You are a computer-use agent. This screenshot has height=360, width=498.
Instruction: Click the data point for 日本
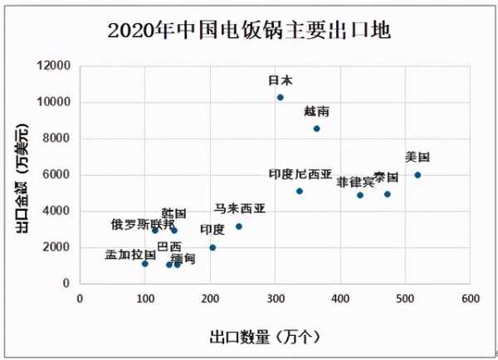coord(281,97)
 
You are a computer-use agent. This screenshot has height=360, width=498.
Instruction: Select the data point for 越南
coord(316,129)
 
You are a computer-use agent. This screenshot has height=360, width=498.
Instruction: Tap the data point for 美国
coord(417,175)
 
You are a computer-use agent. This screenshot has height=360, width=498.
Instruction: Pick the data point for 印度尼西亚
coord(300,191)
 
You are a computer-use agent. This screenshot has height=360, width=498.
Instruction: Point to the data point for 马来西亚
coord(239,226)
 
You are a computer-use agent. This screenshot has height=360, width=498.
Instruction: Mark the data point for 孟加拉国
coord(145,264)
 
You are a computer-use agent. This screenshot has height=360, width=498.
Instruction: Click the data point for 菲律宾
coord(360,195)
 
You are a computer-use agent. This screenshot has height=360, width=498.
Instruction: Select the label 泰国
coord(386,178)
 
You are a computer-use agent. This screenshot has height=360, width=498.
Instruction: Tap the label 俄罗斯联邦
coord(143,224)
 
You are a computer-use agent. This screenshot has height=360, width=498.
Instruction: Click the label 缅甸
coord(183,259)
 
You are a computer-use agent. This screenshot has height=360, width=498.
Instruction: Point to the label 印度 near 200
coord(212,229)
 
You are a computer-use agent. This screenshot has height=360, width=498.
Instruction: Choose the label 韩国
coord(173,213)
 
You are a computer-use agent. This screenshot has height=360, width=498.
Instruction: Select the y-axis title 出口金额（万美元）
coord(22,174)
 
